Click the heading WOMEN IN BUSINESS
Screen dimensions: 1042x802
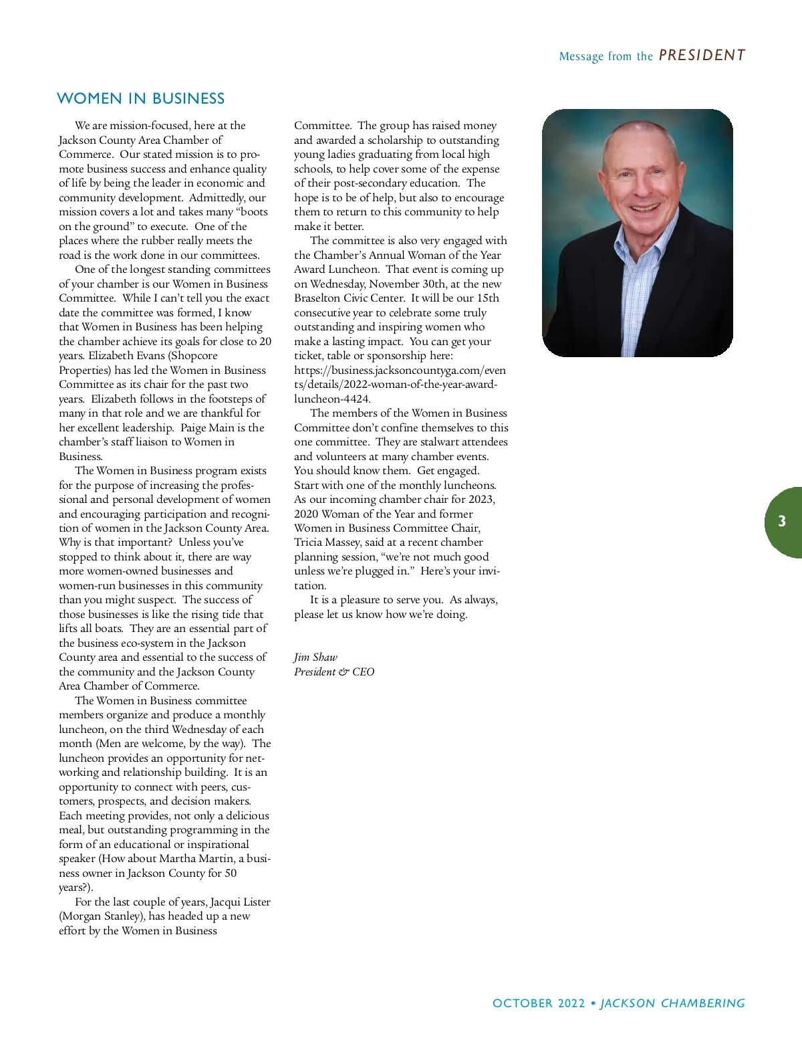(141, 98)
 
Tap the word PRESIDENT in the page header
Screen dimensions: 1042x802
(702, 56)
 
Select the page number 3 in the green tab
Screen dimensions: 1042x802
(782, 522)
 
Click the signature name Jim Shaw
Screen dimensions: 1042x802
(315, 657)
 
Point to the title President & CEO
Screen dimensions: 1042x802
(334, 671)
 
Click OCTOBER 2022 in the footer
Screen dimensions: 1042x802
(538, 1003)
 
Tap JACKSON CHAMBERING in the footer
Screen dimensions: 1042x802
(672, 1003)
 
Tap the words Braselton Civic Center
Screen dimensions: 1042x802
(350, 298)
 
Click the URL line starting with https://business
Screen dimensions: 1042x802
(400, 371)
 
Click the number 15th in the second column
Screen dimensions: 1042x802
(488, 298)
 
